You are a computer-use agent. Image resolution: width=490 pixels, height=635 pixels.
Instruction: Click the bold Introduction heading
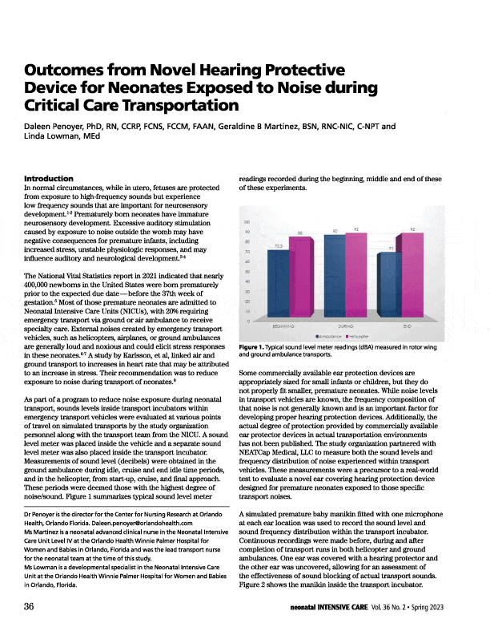point(50,177)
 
